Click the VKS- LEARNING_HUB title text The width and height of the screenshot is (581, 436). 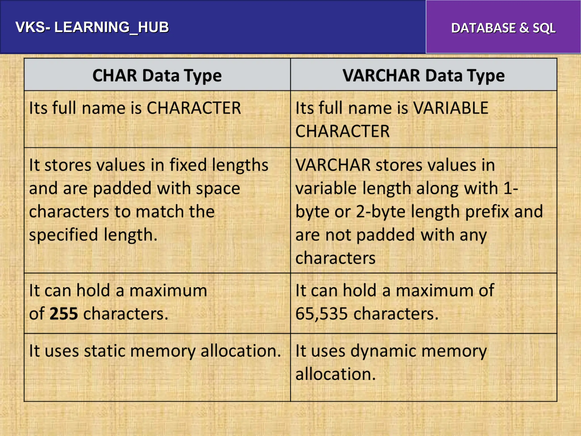[x=92, y=28]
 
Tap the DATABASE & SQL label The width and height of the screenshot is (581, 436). [x=503, y=28]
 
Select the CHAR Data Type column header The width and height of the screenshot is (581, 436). [x=157, y=76]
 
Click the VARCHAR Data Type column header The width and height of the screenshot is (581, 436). [x=423, y=76]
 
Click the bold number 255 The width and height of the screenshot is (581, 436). [x=64, y=314]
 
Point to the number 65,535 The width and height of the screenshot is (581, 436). [x=321, y=314]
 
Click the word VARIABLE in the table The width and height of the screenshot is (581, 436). [x=451, y=108]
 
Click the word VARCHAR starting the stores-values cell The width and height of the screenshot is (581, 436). [x=333, y=165]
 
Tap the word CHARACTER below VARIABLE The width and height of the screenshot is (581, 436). [x=342, y=131]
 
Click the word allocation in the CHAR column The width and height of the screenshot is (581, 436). [x=241, y=351]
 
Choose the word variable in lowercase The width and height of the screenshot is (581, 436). [x=323, y=188]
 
